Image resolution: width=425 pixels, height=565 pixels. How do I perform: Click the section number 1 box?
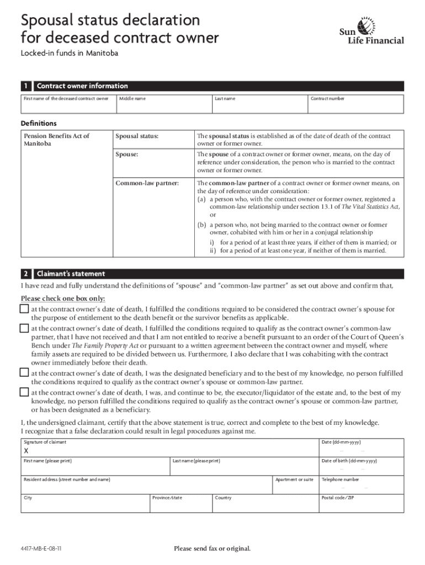tap(25, 86)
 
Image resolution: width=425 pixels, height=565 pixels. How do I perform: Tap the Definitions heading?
tap(39, 123)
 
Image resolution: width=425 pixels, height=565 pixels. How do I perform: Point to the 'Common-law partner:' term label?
tap(146, 183)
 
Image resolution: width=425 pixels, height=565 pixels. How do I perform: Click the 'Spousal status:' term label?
tap(136, 136)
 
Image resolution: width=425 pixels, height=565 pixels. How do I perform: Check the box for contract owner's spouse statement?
tap(24, 309)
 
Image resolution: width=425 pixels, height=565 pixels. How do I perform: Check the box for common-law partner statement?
tap(24, 328)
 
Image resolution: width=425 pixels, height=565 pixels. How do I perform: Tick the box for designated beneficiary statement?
tap(24, 372)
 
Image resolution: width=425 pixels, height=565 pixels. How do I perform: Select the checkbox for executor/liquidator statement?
tap(24, 392)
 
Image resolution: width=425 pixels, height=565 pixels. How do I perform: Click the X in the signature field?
tap(25, 451)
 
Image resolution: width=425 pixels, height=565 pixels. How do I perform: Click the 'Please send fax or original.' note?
tap(212, 548)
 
